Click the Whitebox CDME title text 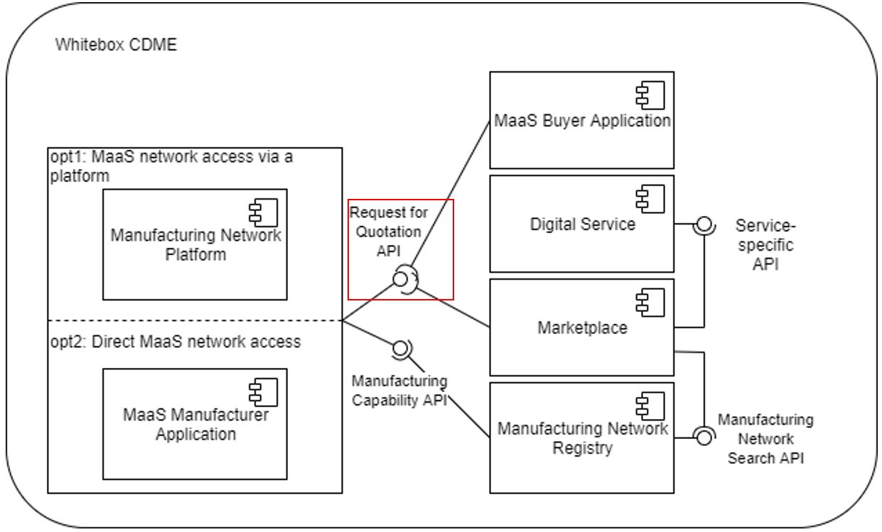[x=116, y=45]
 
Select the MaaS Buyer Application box [x=581, y=120]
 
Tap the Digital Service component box [x=581, y=224]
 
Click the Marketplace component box [x=581, y=327]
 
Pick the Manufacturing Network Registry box [x=581, y=438]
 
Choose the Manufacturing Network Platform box [x=195, y=244]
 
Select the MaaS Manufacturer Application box [x=195, y=423]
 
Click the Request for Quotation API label [x=389, y=232]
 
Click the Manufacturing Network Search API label [x=765, y=439]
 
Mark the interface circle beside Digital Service [x=704, y=224]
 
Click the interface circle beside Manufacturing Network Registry [x=704, y=437]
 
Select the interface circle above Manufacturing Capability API [x=400, y=348]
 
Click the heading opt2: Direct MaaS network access [x=176, y=342]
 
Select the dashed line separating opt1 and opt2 [x=195, y=321]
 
